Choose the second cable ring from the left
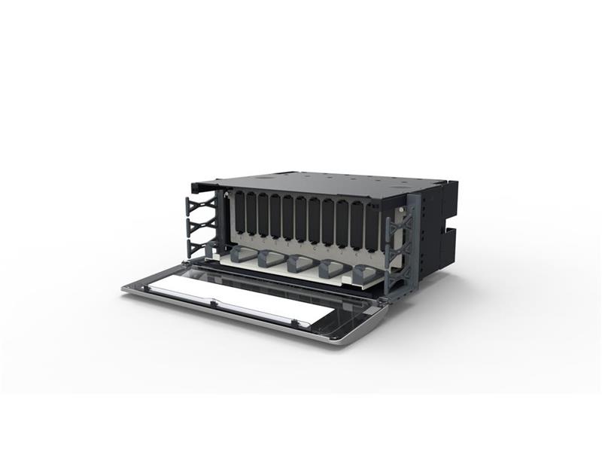(x=272, y=258)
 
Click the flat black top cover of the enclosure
(x=316, y=185)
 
